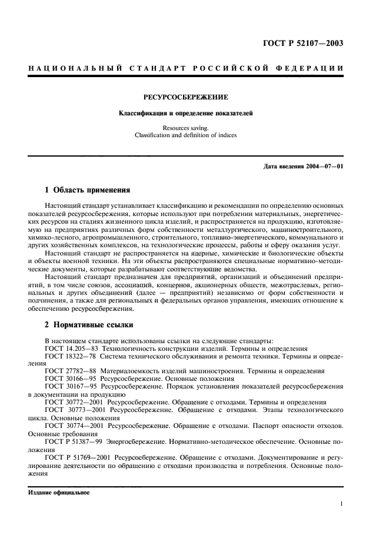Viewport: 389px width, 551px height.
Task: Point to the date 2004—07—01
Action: tap(324, 166)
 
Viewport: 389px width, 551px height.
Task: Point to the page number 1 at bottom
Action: tap(341, 504)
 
